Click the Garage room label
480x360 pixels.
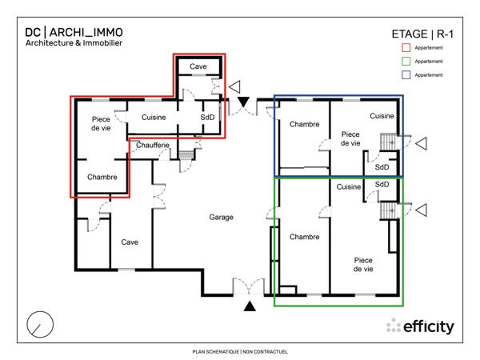pyautogui.click(x=222, y=218)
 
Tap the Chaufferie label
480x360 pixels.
pyautogui.click(x=152, y=145)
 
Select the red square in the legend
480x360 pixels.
pyautogui.click(x=406, y=48)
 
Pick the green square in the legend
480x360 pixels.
pyautogui.click(x=406, y=62)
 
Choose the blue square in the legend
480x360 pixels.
pyautogui.click(x=406, y=74)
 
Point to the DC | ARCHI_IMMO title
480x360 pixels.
pyautogui.click(x=74, y=32)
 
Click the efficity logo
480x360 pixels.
pyautogui.click(x=420, y=326)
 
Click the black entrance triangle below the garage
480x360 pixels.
pyautogui.click(x=250, y=306)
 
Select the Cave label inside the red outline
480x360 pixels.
pyautogui.click(x=198, y=66)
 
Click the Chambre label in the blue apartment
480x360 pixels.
pyautogui.click(x=304, y=124)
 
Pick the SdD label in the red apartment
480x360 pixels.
pyautogui.click(x=207, y=118)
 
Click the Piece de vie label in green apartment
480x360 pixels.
pyautogui.click(x=364, y=265)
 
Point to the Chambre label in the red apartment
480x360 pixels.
pyautogui.click(x=102, y=178)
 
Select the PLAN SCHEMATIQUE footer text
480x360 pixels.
pyautogui.click(x=239, y=351)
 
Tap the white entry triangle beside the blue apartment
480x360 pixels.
pyautogui.click(x=421, y=144)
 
